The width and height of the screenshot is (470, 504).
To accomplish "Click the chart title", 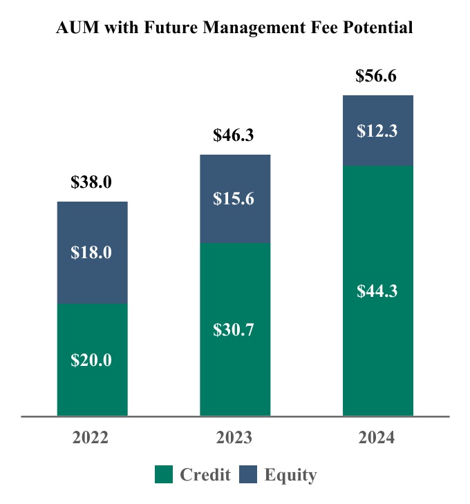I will pyautogui.click(x=234, y=28).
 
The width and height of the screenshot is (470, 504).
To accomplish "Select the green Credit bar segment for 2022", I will pyautogui.click(x=92, y=387).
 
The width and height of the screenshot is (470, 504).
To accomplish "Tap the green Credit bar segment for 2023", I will pyautogui.click(x=235, y=366).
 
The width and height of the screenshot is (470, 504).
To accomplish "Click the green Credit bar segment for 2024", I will pyautogui.click(x=378, y=345).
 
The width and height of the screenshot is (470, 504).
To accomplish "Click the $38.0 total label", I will pyautogui.click(x=91, y=182).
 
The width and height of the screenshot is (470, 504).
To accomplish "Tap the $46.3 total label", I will pyautogui.click(x=234, y=135).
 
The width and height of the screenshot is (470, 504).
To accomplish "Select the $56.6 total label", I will pyautogui.click(x=377, y=76).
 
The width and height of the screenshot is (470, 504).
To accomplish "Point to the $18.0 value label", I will pyautogui.click(x=91, y=253).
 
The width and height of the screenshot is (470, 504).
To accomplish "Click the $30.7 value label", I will pyautogui.click(x=234, y=330).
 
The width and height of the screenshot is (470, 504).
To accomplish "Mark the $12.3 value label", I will pyautogui.click(x=377, y=131).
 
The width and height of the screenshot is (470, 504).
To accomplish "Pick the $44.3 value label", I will pyautogui.click(x=377, y=291).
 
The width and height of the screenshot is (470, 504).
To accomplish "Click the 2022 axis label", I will pyautogui.click(x=91, y=438).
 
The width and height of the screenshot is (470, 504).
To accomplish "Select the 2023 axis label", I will pyautogui.click(x=234, y=438).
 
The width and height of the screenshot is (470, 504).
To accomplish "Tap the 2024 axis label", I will pyautogui.click(x=377, y=438).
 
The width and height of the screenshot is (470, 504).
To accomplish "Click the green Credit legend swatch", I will pyautogui.click(x=163, y=475).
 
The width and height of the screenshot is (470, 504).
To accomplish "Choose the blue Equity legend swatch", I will pyautogui.click(x=249, y=475).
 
